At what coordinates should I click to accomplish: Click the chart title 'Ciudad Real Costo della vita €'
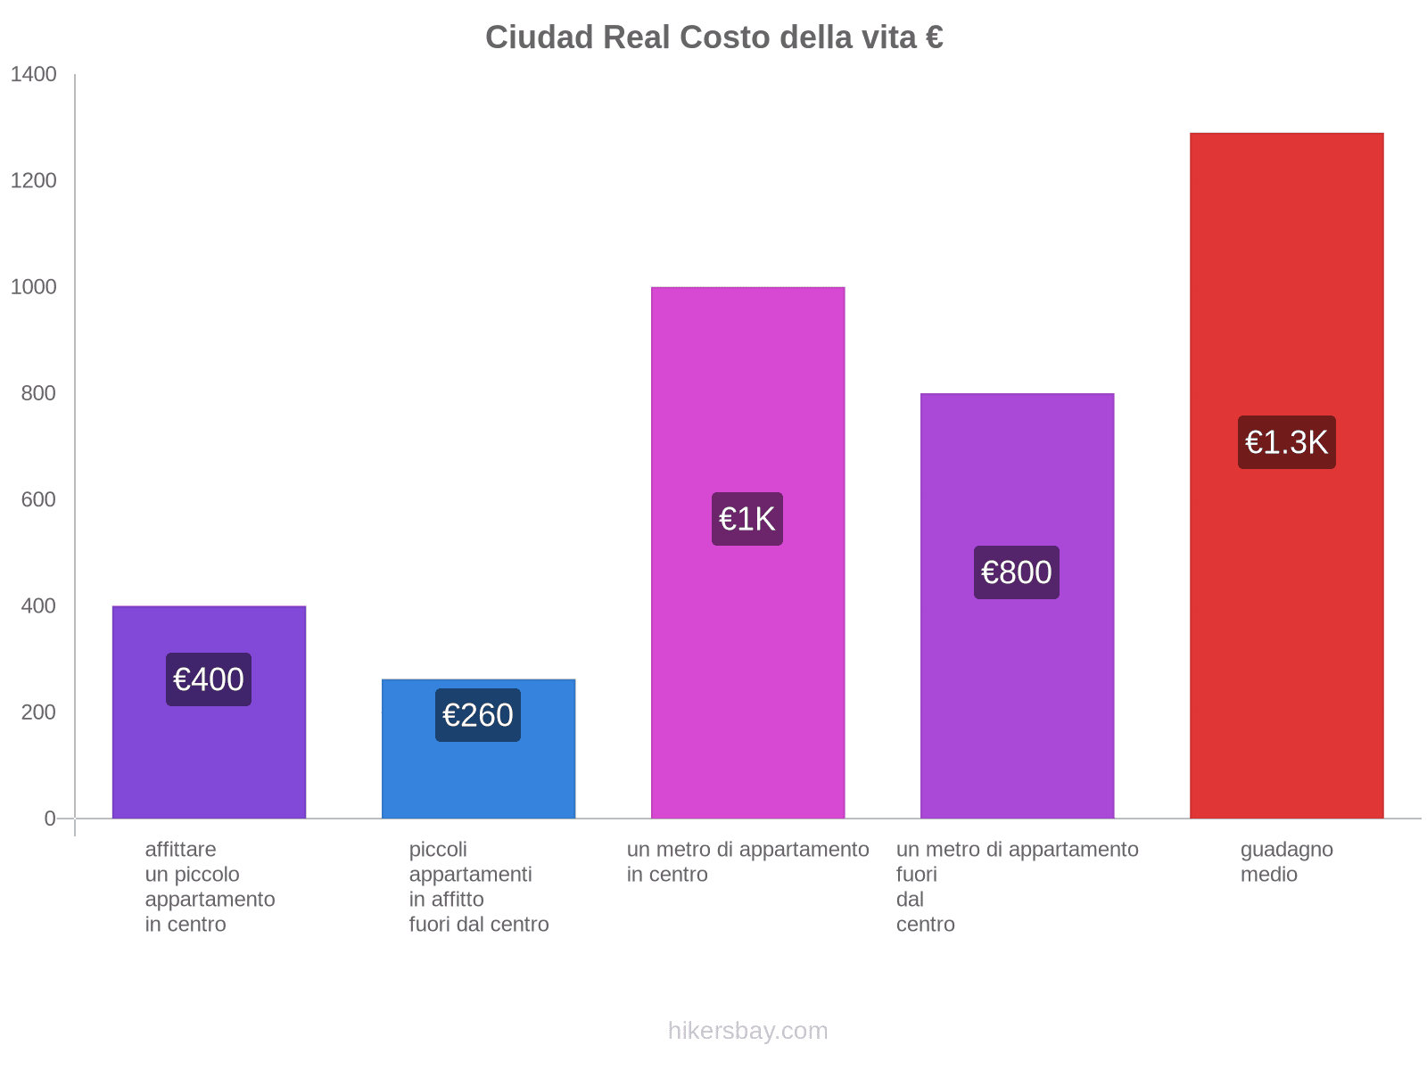[x=713, y=37]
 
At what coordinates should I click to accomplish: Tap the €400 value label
[x=209, y=679]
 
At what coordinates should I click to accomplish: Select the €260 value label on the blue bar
[x=478, y=715]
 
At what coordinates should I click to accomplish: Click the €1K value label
[x=747, y=519]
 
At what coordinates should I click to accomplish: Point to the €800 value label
[x=1017, y=572]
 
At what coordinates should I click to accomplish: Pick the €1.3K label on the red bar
[x=1286, y=442]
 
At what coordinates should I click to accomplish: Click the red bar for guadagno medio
[x=1286, y=267]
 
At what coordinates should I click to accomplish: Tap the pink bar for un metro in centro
[x=747, y=374]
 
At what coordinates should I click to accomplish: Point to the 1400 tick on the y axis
[x=34, y=75]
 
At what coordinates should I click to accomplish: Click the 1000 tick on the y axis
[x=34, y=287]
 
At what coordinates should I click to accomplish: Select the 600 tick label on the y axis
[x=39, y=499]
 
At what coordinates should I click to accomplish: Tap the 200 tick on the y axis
[x=39, y=712]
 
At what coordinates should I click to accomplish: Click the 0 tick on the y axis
[x=50, y=819]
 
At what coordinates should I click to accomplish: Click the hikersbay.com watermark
[x=747, y=1031]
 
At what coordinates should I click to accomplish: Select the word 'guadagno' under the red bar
[x=1286, y=850]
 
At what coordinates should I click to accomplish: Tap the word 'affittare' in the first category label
[x=180, y=850]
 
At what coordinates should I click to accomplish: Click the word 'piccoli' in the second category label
[x=438, y=850]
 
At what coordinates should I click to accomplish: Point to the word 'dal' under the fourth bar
[x=910, y=900]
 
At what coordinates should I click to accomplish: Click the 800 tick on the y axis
[x=39, y=393]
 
